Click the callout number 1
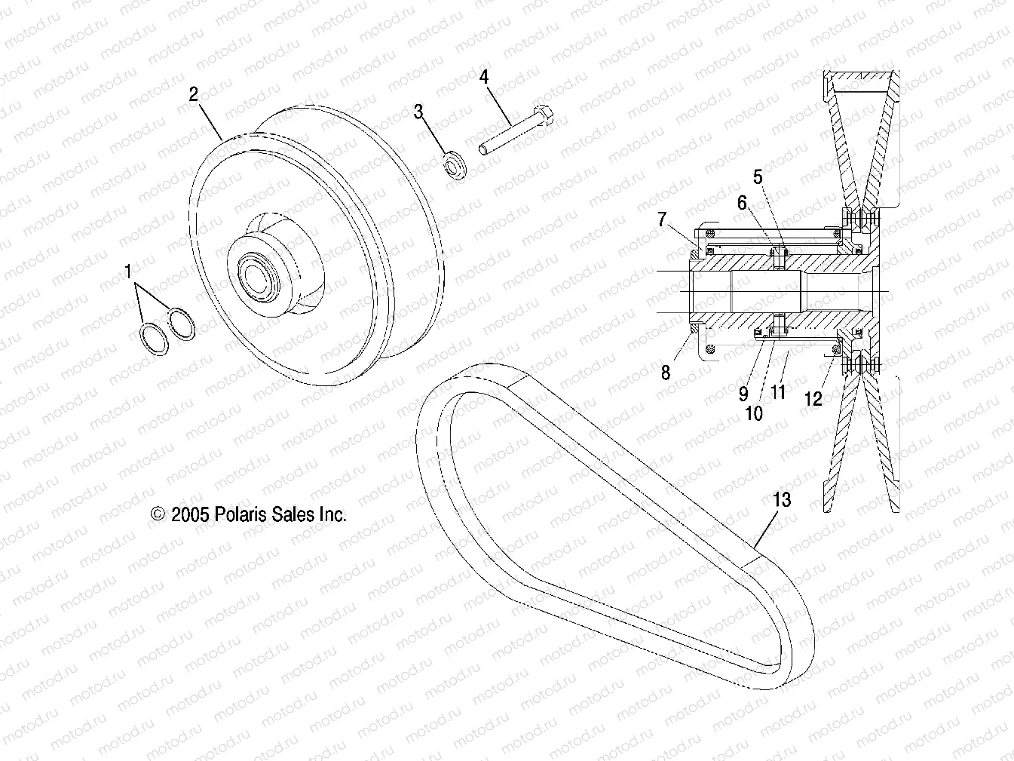click(128, 272)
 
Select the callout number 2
click(194, 94)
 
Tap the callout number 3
click(418, 112)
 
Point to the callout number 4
click(484, 76)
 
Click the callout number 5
click(758, 177)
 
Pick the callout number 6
click(742, 202)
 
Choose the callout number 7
click(662, 219)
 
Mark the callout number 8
click(666, 373)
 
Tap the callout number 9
click(743, 393)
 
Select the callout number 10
click(754, 413)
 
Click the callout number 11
click(778, 391)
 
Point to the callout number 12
click(813, 399)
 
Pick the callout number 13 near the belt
click(782, 499)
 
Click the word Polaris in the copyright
click(241, 514)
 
